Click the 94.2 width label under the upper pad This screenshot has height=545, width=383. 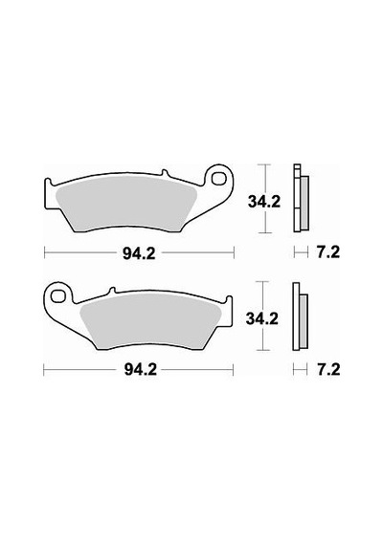139,254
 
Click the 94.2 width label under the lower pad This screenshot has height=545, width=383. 141,370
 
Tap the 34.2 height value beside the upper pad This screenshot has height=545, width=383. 264,202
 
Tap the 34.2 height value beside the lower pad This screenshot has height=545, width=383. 261,318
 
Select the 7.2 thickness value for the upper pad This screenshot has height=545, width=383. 328,252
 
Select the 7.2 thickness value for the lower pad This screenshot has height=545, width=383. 328,369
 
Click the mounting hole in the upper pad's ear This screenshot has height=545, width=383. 218,179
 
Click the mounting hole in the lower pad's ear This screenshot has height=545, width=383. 57,296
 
